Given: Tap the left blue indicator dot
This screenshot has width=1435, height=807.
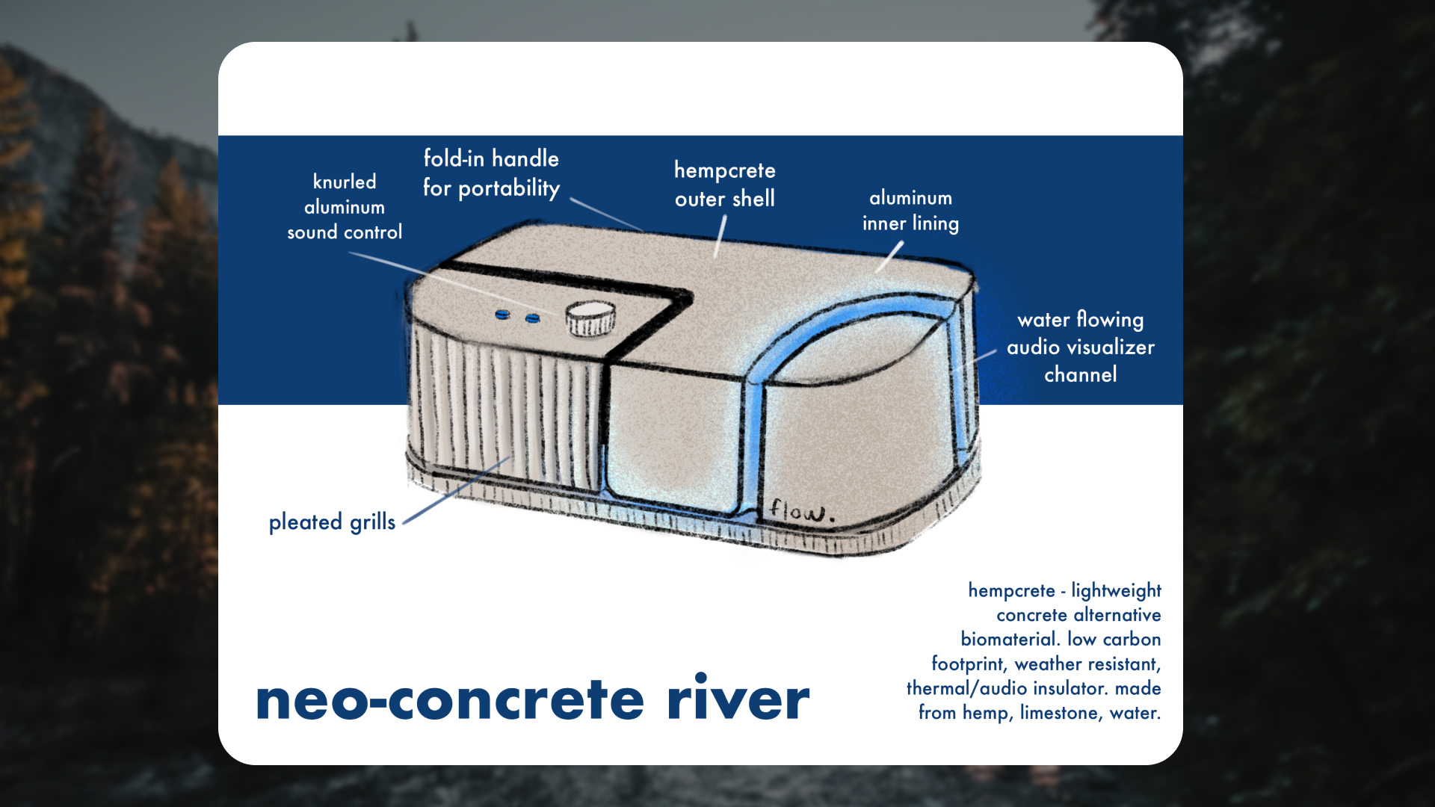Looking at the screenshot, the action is pyautogui.click(x=503, y=315).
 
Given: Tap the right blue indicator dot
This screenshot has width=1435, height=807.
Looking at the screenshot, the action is pyautogui.click(x=532, y=318).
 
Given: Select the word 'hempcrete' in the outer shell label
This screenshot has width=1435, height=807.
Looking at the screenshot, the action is pyautogui.click(x=724, y=171).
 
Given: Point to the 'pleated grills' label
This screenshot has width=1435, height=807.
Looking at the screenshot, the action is pyautogui.click(x=332, y=522).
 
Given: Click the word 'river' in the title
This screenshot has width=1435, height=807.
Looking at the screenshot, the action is pyautogui.click(x=738, y=699).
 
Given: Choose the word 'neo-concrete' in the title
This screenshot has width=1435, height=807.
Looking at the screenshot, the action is pyautogui.click(x=449, y=699).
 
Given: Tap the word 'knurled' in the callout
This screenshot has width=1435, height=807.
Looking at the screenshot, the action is pyautogui.click(x=345, y=182).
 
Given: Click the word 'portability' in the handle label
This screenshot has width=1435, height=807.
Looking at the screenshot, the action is pyautogui.click(x=509, y=188).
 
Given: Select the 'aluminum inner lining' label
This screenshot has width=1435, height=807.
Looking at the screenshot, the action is pyautogui.click(x=910, y=211).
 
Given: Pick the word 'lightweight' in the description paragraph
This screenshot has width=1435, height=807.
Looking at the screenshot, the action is pyautogui.click(x=1116, y=590).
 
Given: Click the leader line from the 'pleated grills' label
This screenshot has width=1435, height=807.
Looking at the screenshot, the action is pyautogui.click(x=456, y=490).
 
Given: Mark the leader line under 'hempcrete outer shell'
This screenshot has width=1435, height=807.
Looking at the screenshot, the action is pyautogui.click(x=720, y=237).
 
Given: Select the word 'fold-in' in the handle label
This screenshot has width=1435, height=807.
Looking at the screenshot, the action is pyautogui.click(x=454, y=158).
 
